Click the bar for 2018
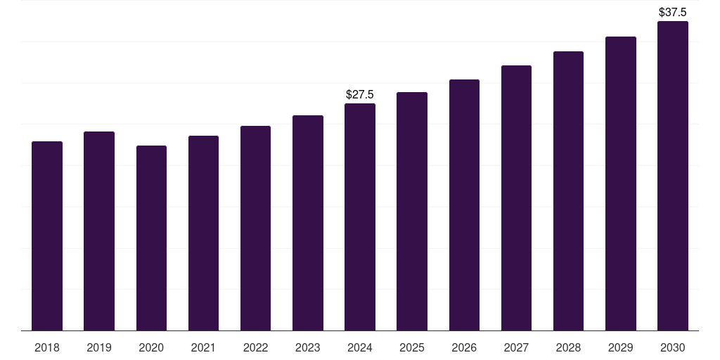click(47, 236)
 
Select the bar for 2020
click(151, 238)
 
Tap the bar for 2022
click(255, 228)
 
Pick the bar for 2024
click(360, 217)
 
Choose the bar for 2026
click(464, 205)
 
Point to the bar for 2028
click(568, 191)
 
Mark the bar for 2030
click(673, 176)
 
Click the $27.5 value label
click(360, 94)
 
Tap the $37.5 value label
click(673, 12)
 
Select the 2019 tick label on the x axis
click(99, 347)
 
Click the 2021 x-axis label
click(203, 347)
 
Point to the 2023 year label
click(308, 347)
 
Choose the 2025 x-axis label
click(412, 347)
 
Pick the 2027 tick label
click(516, 347)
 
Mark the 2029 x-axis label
click(621, 347)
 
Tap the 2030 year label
click(673, 347)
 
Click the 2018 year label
click(47, 347)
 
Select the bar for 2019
click(99, 231)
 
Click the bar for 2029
click(621, 183)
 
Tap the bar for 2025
click(412, 211)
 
